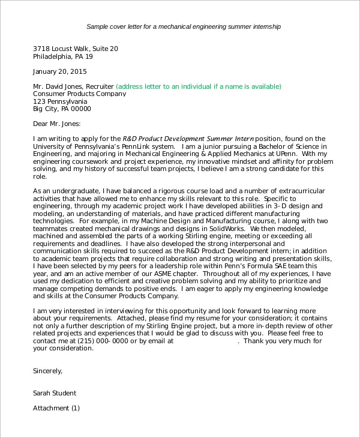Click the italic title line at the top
coord(183,27)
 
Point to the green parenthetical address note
coord(198,86)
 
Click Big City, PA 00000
coord(62,109)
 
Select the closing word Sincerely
coord(47,371)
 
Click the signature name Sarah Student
coord(55,394)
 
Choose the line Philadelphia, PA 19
coord(63,56)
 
